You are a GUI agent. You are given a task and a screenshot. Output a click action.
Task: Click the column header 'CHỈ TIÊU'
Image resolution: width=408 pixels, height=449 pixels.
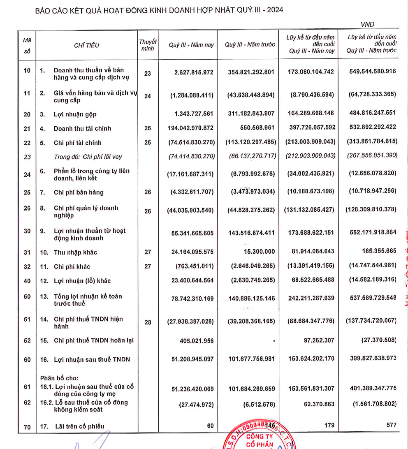click(87, 45)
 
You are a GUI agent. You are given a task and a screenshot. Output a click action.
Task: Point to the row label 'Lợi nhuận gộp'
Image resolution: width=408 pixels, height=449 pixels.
click(75, 114)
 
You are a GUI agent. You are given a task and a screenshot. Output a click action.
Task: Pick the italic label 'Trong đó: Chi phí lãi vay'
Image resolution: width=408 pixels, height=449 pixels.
click(88, 157)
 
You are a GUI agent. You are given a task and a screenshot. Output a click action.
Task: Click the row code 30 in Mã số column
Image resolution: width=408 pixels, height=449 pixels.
click(27, 231)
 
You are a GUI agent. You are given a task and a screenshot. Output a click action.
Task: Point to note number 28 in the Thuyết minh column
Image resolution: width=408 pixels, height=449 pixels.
click(148, 322)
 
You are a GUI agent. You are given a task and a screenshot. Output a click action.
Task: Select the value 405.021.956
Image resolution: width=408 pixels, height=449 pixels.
click(194, 340)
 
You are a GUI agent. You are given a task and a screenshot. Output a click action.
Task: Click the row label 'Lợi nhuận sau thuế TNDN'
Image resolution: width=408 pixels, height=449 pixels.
click(92, 359)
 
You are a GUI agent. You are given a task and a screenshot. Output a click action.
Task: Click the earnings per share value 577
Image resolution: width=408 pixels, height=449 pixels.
click(391, 425)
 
